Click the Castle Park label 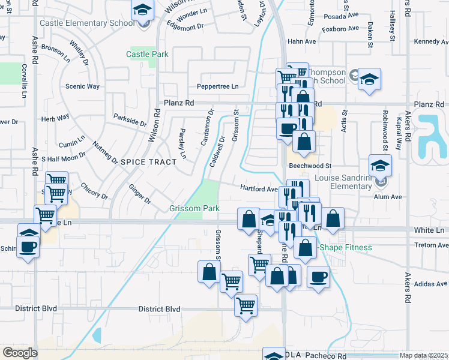click(147, 55)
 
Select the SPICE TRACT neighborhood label click(149, 162)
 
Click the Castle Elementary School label click(87, 23)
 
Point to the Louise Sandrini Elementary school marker click(380, 166)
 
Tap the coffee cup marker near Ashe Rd click(28, 246)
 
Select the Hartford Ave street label click(259, 188)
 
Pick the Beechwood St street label click(310, 166)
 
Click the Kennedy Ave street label click(431, 42)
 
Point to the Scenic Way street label click(82, 86)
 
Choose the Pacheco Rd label click(327, 356)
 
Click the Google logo click(20, 353)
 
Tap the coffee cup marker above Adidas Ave click(318, 277)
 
